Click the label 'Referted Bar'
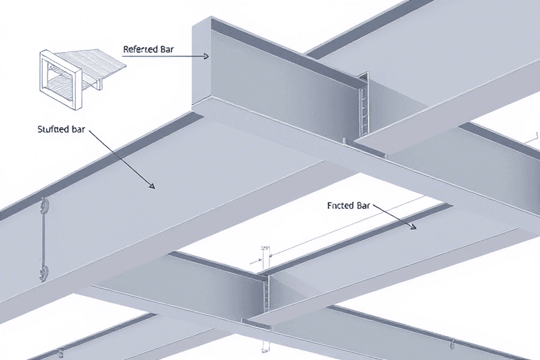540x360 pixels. pos(148,49)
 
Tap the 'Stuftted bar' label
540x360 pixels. pos(61,129)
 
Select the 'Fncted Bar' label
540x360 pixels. pos(349,206)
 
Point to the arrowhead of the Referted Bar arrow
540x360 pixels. pos(206,56)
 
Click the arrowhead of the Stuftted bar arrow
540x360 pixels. pos(152,186)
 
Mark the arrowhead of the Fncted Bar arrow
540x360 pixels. pos(413,226)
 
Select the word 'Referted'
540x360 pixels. pos(136,49)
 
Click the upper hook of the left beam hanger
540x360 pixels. pos(44,206)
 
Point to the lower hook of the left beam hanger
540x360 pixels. pos(44,274)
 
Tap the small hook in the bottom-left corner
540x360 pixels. pos(61,353)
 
